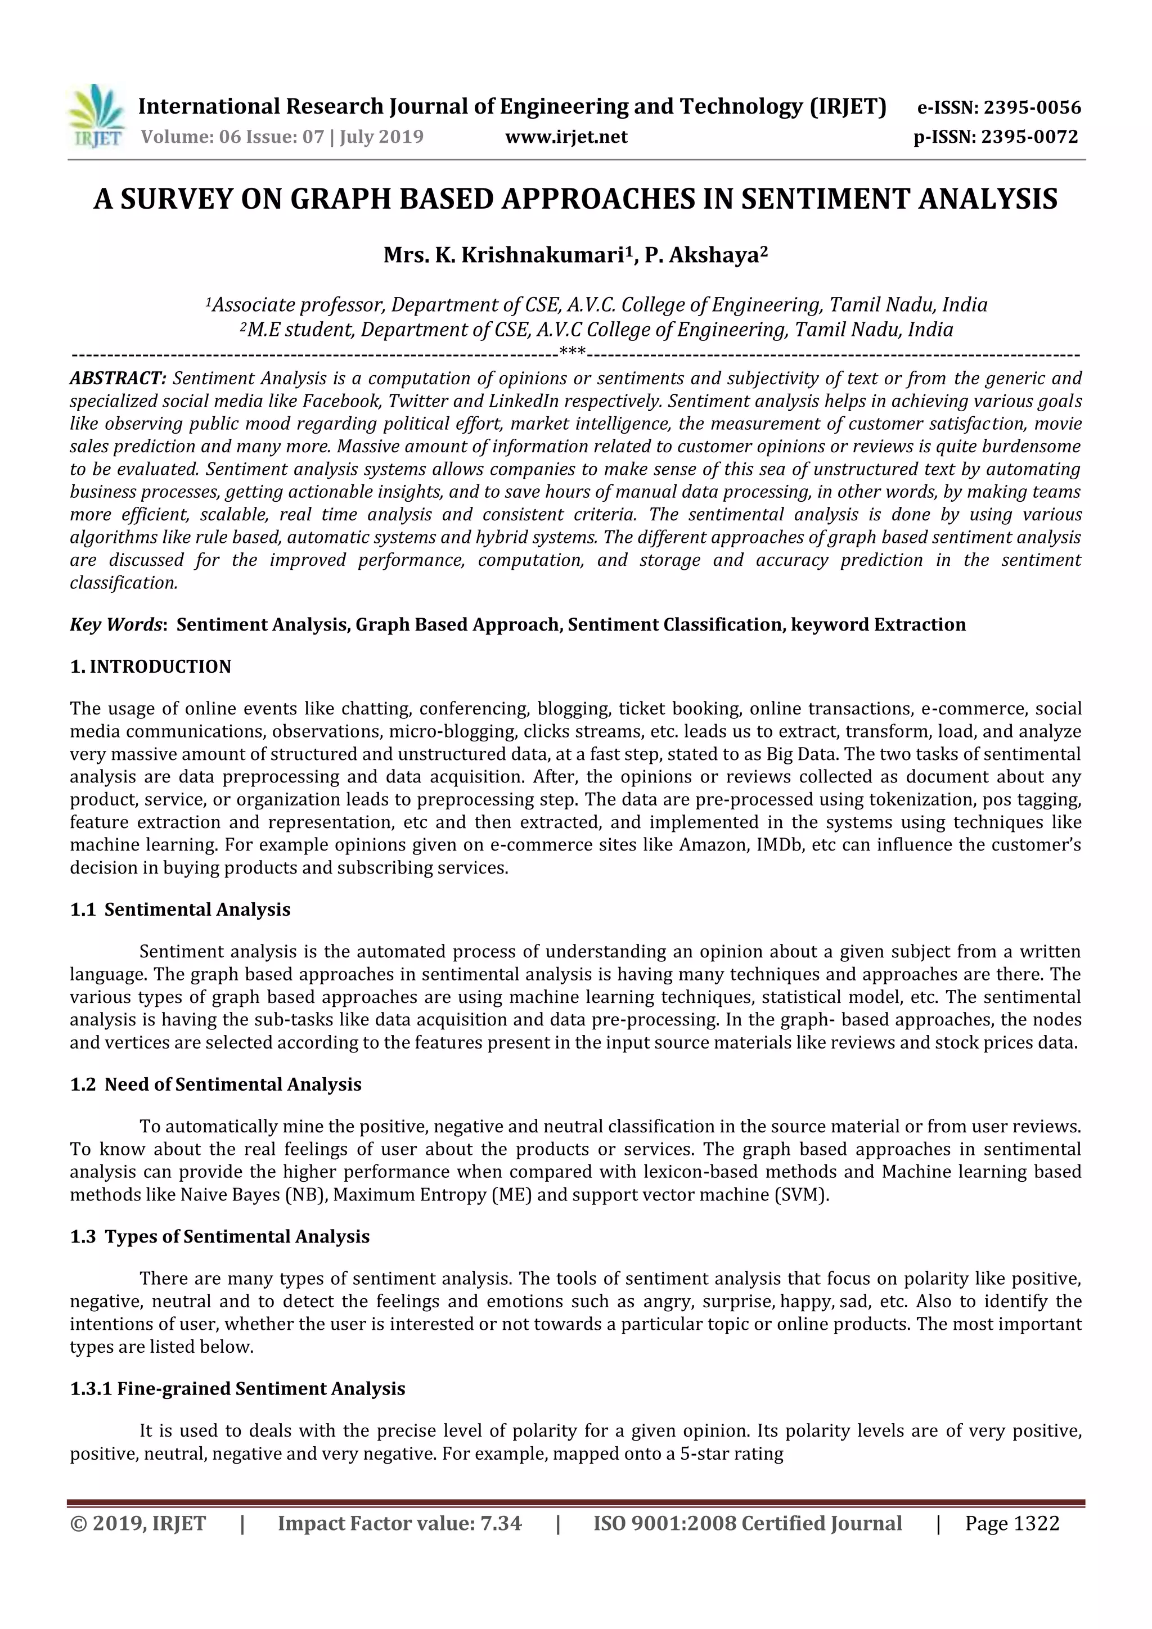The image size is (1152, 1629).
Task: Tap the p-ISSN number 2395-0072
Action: coord(1029,137)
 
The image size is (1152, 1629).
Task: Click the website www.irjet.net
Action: coord(566,137)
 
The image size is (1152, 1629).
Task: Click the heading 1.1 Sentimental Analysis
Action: coord(180,910)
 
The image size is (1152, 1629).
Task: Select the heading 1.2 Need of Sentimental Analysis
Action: coord(215,1084)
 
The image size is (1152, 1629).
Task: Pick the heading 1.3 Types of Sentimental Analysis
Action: coord(220,1236)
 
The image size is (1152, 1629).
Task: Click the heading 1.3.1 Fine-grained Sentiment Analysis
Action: coord(237,1388)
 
